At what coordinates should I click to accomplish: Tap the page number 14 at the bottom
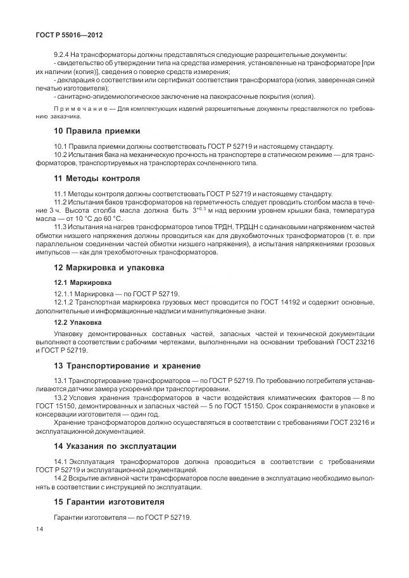click(40, 529)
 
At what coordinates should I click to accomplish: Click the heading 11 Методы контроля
click(98, 179)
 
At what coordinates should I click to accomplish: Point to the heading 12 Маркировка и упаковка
click(109, 267)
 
